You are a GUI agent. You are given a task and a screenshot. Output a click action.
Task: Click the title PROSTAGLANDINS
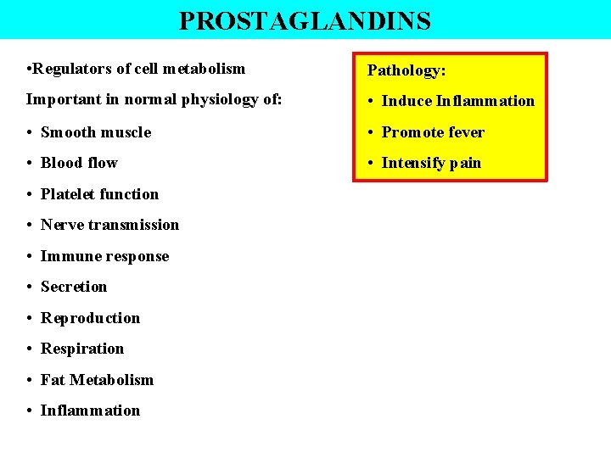coord(305,20)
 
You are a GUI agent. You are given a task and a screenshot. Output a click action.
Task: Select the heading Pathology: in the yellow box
coord(406,70)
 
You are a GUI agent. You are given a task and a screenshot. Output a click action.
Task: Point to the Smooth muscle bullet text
coord(95,132)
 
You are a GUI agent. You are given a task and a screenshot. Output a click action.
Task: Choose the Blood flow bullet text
coord(79,163)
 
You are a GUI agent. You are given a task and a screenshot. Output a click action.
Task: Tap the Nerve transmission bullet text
coord(109,225)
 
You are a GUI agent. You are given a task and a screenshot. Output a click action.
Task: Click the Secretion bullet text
coord(74,287)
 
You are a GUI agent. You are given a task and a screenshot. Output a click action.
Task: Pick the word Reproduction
coord(90,318)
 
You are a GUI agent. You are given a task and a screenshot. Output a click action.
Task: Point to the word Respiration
coord(82,349)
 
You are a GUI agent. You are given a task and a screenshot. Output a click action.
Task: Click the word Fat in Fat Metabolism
coord(53,380)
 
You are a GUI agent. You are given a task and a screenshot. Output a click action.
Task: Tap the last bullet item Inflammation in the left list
coord(90,411)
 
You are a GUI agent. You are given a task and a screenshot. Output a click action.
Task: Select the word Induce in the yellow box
coord(406,101)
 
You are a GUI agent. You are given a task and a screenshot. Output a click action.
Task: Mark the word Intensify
coord(414,163)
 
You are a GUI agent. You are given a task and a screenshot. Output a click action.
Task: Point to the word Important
coord(64,100)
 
